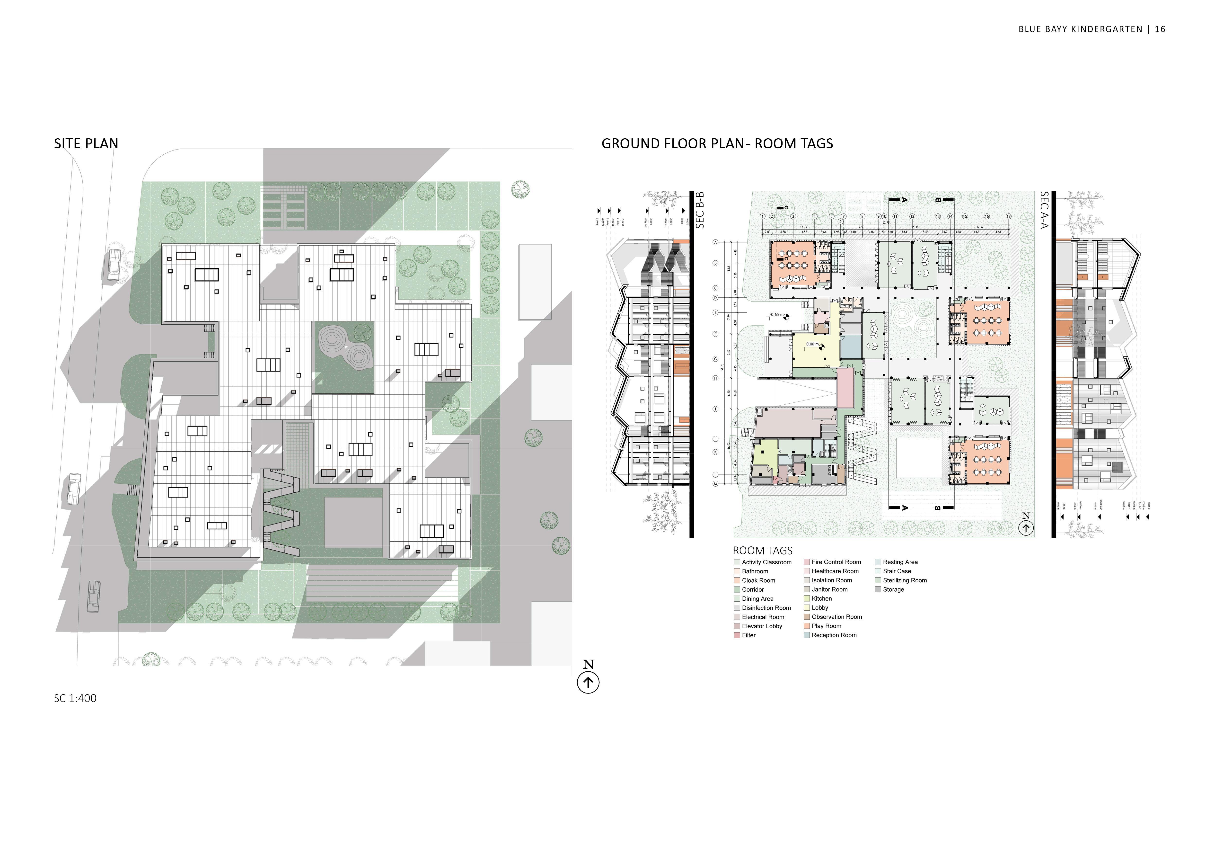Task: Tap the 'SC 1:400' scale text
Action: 75,698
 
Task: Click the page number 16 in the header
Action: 1160,29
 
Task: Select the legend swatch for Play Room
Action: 807,626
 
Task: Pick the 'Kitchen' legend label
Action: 821,599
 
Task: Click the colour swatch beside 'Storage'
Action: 878,589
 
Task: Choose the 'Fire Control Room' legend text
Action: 836,562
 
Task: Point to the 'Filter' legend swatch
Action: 737,636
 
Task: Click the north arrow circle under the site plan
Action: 588,683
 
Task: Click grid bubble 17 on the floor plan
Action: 1009,216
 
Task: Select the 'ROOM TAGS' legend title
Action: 762,551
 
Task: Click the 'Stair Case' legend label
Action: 897,571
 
